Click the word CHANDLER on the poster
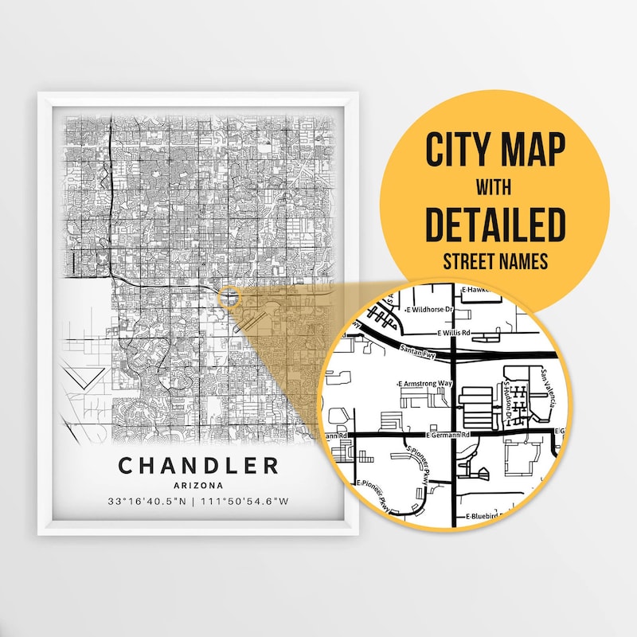198,464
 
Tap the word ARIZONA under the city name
198,484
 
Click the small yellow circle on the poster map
229,297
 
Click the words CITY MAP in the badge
494,150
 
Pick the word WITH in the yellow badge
494,189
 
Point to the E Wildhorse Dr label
430,309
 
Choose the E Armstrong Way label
425,384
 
